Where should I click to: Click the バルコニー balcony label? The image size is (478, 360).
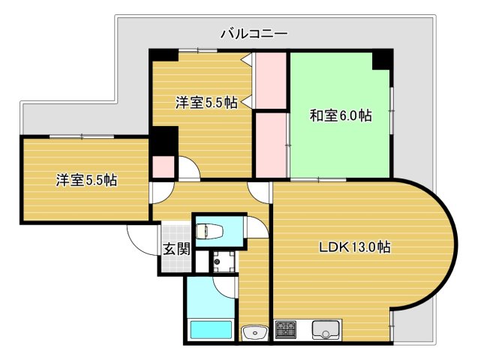(254, 33)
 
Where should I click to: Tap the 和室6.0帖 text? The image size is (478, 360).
(341, 115)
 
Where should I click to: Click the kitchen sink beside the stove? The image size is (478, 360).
(326, 328)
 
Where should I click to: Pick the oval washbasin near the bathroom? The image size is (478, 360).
(254, 331)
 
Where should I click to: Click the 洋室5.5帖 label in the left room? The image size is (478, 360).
(86, 180)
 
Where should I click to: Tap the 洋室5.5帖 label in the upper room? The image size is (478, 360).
(207, 103)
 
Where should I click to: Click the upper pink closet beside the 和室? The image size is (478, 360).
(270, 79)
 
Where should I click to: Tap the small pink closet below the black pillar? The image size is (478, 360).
(163, 166)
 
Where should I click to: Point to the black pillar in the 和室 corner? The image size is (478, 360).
(382, 58)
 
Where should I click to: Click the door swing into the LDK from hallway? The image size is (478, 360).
(260, 190)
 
